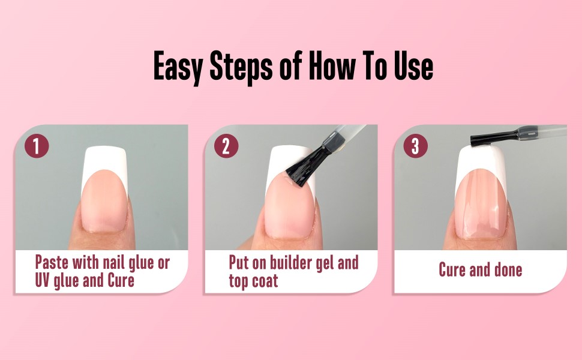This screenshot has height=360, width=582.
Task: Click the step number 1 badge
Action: [x=36, y=147]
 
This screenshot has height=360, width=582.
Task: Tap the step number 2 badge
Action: [x=226, y=147]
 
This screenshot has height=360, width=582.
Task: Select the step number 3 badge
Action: [x=415, y=147]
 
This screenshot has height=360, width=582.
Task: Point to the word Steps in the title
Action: [x=242, y=66]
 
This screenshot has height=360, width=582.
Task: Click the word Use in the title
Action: [x=412, y=66]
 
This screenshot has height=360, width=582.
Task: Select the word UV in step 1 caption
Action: [x=46, y=280]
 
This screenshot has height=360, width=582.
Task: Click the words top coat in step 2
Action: [x=253, y=280]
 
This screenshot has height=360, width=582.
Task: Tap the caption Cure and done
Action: [x=480, y=269]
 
